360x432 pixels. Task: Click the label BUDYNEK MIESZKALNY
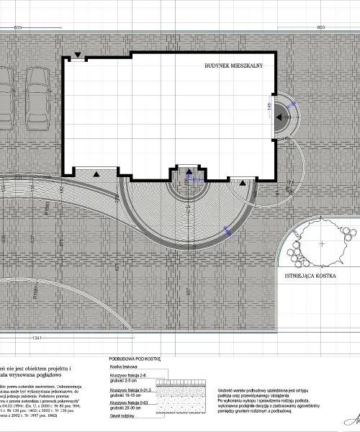tap(234, 65)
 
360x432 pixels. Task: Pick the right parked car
tap(35, 101)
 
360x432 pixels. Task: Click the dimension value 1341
tap(38, 338)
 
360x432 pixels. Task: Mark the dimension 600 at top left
tap(17, 27)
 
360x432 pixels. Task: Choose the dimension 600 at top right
tap(322, 27)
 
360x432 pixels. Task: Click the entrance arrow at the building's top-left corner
tap(78, 55)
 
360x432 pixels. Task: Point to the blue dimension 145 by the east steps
tap(270, 107)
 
